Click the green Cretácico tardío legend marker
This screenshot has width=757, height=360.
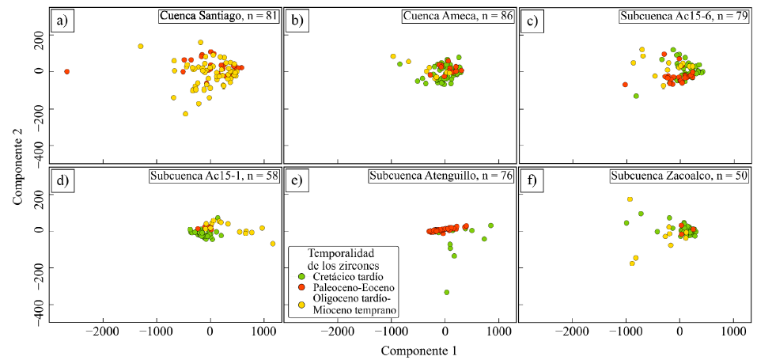point(301,276)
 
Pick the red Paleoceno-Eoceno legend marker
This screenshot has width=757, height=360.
point(301,287)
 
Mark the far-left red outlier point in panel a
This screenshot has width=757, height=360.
point(66,71)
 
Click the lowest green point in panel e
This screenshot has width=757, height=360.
point(447,292)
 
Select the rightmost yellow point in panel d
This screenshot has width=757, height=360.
point(273,244)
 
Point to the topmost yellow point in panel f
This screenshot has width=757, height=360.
point(630,199)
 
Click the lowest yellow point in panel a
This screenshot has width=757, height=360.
point(185,114)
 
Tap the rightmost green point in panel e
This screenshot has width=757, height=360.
point(490,225)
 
